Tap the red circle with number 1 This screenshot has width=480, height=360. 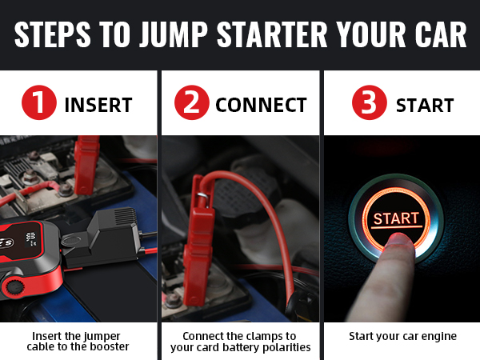click(38, 105)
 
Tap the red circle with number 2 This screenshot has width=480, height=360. click(191, 105)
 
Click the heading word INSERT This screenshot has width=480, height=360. click(98, 106)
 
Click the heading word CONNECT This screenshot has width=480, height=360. click(261, 106)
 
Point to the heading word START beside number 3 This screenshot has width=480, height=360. click(425, 106)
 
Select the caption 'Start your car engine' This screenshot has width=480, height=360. click(402, 336)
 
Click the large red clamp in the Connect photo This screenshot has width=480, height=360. click(198, 240)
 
